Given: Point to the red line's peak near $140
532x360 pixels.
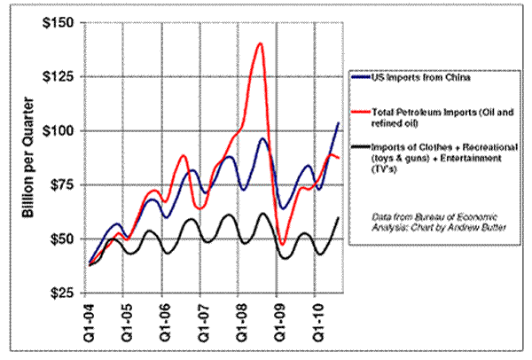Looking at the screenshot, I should [261, 43].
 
